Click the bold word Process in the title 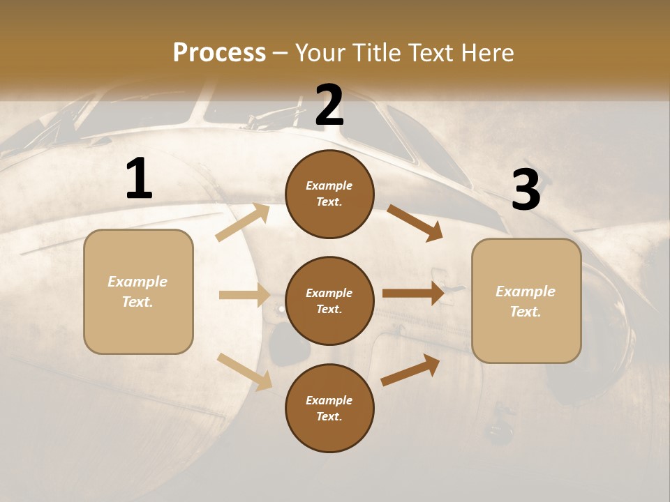(x=219, y=52)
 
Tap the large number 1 (x=139, y=179)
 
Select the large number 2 (x=329, y=105)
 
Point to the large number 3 (x=526, y=190)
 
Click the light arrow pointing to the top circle (x=243, y=222)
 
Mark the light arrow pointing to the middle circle (x=244, y=295)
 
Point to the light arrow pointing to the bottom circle (x=245, y=371)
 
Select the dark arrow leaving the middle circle (x=413, y=294)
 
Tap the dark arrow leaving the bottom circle (x=410, y=370)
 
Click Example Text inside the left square (x=138, y=291)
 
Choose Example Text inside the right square (x=526, y=301)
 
